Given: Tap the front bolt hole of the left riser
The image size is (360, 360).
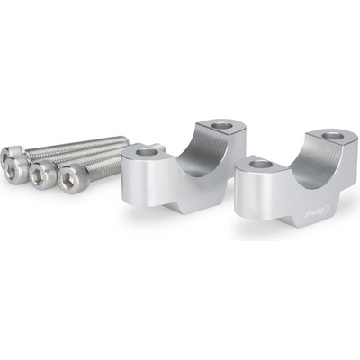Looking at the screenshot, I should pyautogui.click(x=148, y=154).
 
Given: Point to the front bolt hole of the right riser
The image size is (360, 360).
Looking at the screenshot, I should pyautogui.click(x=261, y=164).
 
